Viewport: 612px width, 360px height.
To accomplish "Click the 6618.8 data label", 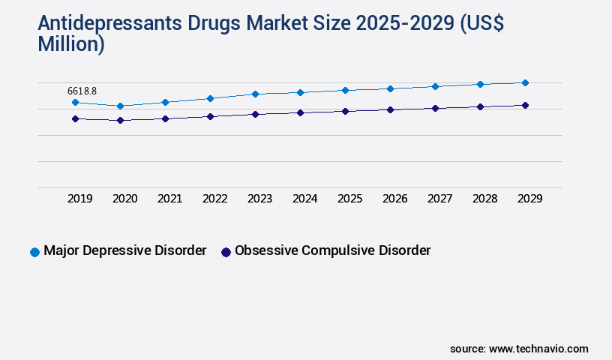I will pyautogui.click(x=82, y=91).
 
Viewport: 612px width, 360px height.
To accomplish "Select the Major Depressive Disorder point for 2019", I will pyautogui.click(x=75, y=102).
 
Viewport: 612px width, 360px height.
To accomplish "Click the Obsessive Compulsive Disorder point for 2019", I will pyautogui.click(x=75, y=118).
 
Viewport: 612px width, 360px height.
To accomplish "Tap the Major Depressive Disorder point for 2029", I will pyautogui.click(x=525, y=82).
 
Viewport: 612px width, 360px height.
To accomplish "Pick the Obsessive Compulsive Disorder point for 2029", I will pyautogui.click(x=525, y=105).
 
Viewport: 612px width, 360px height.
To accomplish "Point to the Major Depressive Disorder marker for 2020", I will pyautogui.click(x=120, y=106).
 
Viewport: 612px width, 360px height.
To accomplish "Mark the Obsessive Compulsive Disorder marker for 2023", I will pyautogui.click(x=255, y=114).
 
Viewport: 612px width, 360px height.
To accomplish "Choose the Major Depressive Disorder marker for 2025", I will pyautogui.click(x=345, y=90).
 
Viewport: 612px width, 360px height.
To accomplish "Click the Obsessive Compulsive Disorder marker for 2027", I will pyautogui.click(x=435, y=108).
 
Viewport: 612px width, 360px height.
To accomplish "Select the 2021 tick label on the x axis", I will pyautogui.click(x=170, y=199).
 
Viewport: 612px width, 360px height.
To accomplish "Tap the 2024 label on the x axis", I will pyautogui.click(x=305, y=199).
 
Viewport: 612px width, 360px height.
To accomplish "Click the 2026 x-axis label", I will pyautogui.click(x=395, y=199).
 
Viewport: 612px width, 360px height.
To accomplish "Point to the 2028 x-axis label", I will pyautogui.click(x=485, y=199).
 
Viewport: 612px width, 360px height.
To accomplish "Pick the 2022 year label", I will pyautogui.click(x=215, y=199).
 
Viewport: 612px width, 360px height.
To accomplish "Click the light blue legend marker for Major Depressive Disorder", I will pyautogui.click(x=34, y=252).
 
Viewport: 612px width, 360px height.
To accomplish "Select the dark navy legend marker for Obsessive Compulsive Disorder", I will pyautogui.click(x=226, y=252).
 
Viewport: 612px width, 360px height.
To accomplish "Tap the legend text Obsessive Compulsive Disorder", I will pyautogui.click(x=332, y=250).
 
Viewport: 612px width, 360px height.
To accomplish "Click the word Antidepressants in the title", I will pyautogui.click(x=100, y=24).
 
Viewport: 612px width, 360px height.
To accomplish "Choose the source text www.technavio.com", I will pyautogui.click(x=538, y=349).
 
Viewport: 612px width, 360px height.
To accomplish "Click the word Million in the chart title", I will pyautogui.click(x=71, y=43).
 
